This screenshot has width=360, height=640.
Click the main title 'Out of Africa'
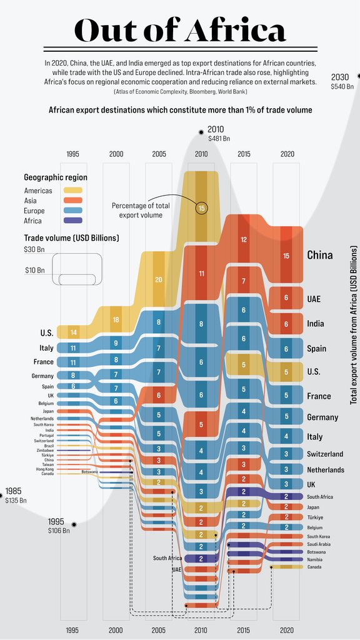(180, 30)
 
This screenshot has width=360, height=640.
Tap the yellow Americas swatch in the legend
(74, 190)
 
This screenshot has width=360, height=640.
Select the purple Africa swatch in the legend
(74, 221)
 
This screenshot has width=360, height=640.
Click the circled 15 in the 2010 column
(201, 208)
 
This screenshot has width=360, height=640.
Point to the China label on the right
(319, 255)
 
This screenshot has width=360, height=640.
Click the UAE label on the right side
(314, 299)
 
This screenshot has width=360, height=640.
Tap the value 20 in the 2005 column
(159, 279)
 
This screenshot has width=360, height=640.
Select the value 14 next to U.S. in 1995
(74, 332)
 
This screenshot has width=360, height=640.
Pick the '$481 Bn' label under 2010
(219, 139)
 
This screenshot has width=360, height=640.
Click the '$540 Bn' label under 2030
(342, 86)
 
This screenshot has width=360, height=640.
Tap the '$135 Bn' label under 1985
(16, 500)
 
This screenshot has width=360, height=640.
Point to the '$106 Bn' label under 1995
(59, 530)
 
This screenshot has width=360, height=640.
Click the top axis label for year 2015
(244, 154)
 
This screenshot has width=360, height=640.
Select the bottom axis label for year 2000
(116, 630)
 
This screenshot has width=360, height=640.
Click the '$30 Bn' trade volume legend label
(34, 249)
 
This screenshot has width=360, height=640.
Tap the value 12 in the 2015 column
(244, 240)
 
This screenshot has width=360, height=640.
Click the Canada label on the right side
(314, 567)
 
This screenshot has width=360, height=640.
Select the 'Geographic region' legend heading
(56, 177)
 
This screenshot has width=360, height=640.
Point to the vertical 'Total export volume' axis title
(354, 325)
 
